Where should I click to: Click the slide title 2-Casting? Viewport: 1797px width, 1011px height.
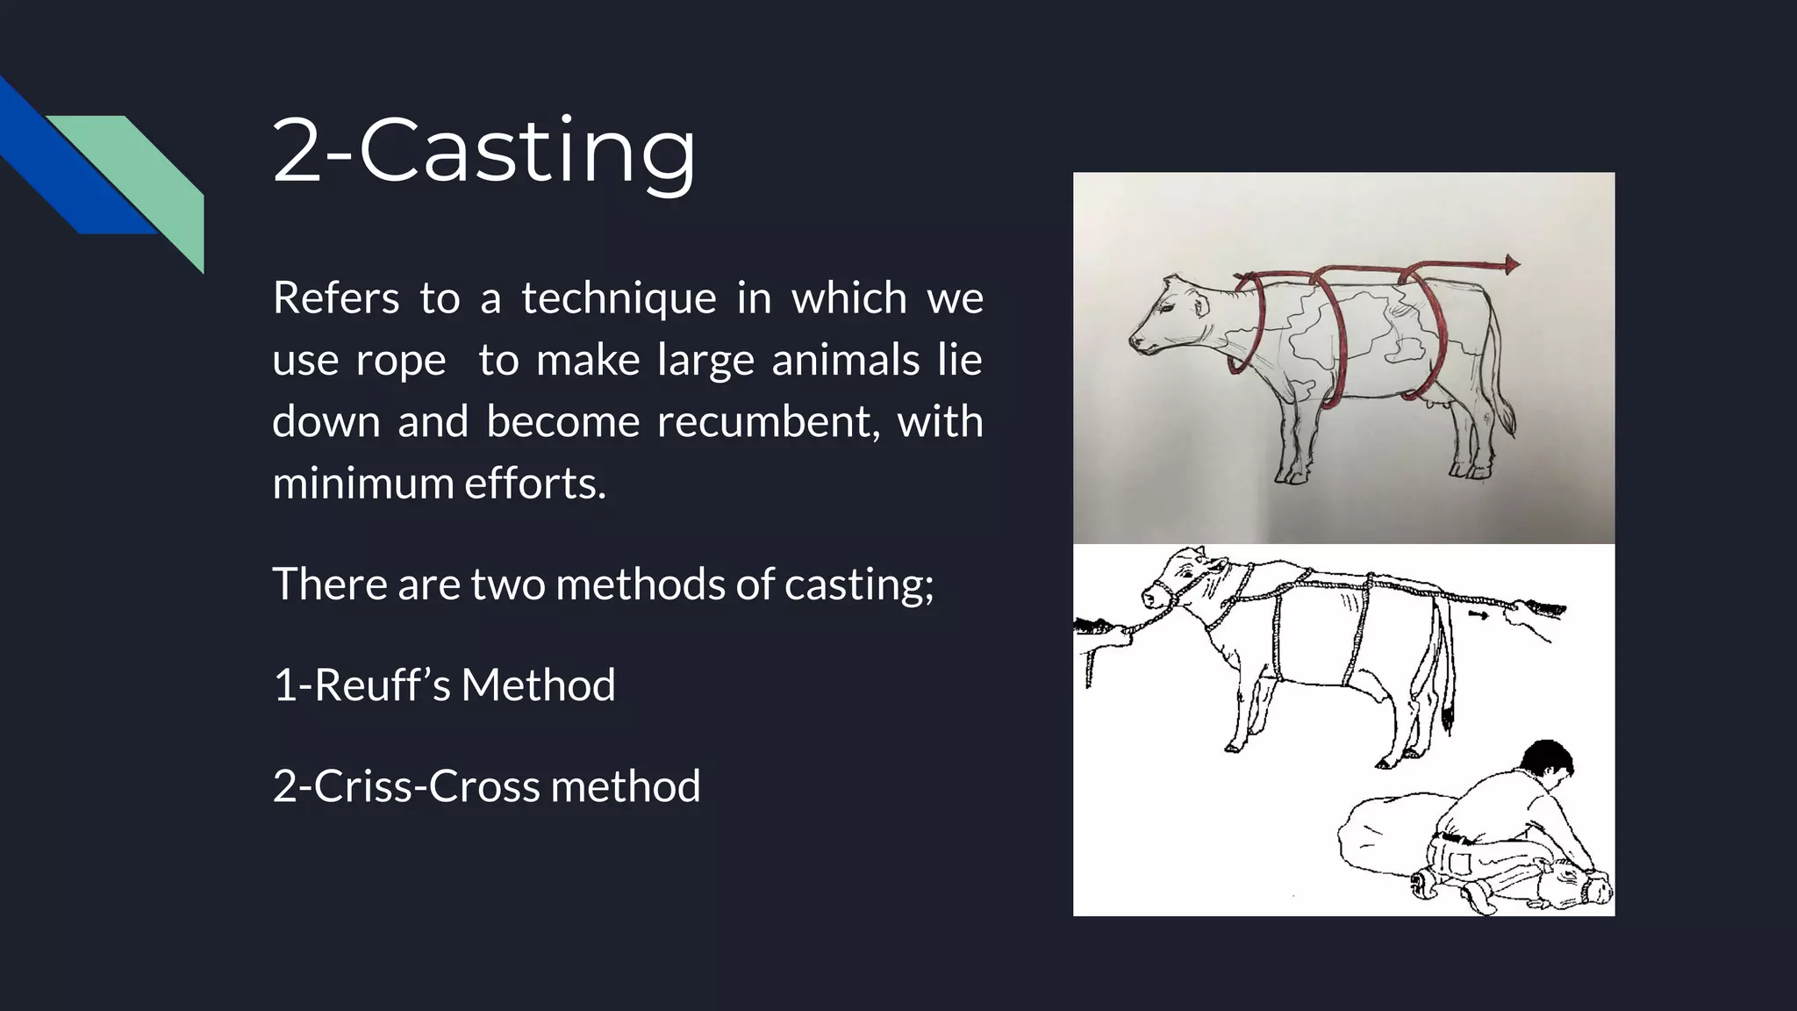pos(484,151)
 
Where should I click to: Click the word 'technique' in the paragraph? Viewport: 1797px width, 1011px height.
pos(619,298)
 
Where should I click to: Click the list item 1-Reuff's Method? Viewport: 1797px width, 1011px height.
pos(444,685)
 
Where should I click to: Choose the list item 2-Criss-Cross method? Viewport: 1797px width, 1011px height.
pos(486,786)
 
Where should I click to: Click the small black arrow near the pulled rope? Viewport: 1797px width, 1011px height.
pos(1478,616)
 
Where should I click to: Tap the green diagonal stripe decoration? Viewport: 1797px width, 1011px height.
pos(149,176)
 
